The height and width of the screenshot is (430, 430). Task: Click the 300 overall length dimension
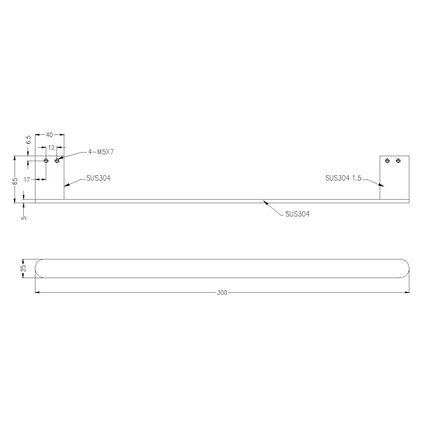[x=222, y=293]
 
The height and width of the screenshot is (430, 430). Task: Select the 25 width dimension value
[x=24, y=268]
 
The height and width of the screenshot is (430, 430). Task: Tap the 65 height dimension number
[x=15, y=181]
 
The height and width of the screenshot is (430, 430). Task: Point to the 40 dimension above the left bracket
[x=49, y=135]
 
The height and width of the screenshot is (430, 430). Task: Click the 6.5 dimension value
[x=28, y=139]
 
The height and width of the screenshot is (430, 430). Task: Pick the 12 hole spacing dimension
[x=51, y=147]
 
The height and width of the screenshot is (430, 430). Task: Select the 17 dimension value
[x=27, y=180]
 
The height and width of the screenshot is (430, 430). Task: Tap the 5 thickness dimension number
[x=24, y=217]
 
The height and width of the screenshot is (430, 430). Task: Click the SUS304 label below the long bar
[x=297, y=214]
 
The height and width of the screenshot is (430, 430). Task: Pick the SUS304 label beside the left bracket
[x=98, y=178]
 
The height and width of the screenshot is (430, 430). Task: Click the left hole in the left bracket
[x=46, y=161]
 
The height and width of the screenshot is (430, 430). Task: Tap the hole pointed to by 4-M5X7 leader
[x=57, y=161]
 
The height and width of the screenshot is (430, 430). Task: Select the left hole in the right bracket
[x=387, y=161]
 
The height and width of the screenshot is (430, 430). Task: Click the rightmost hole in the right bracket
[x=398, y=161]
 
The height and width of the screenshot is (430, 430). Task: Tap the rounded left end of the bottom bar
[x=39, y=268]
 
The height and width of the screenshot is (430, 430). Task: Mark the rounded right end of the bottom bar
[x=406, y=268]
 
